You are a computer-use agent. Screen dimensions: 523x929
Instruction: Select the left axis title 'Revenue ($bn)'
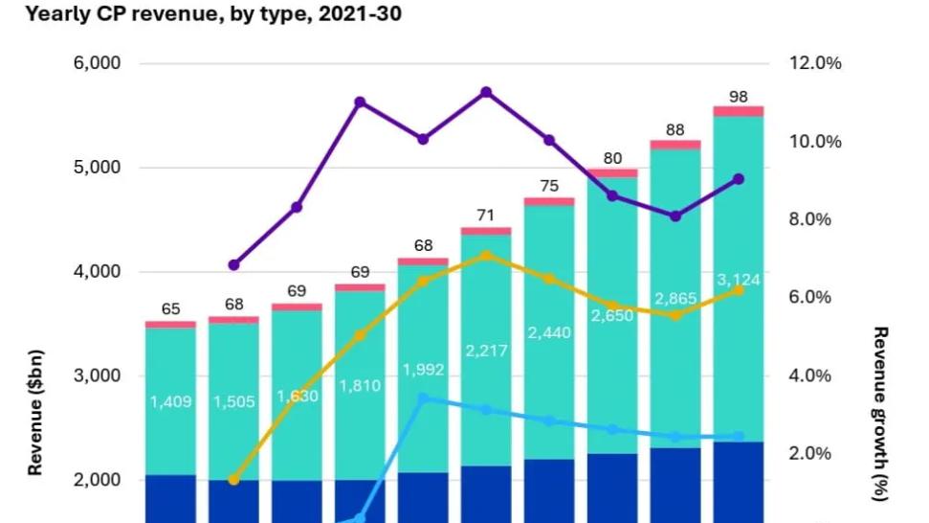point(35,411)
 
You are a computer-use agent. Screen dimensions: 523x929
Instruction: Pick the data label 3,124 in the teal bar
point(737,281)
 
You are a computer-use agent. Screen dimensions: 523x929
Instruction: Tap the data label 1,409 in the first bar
point(170,401)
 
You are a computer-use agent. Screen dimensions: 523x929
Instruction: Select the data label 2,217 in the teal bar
point(486,351)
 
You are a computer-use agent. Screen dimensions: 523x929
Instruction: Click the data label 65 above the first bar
point(170,308)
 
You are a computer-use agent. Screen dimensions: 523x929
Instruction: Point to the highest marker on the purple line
point(486,92)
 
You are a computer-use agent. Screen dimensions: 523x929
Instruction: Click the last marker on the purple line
point(738,179)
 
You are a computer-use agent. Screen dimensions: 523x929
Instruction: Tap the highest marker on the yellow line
point(486,256)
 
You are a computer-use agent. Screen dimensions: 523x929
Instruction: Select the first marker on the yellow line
point(233,479)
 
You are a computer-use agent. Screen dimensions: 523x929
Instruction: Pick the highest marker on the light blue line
point(423,398)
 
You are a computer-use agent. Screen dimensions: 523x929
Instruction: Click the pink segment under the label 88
point(675,145)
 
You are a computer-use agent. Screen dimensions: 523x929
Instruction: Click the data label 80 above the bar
point(611,158)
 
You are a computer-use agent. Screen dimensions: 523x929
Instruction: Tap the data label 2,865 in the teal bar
point(675,299)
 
